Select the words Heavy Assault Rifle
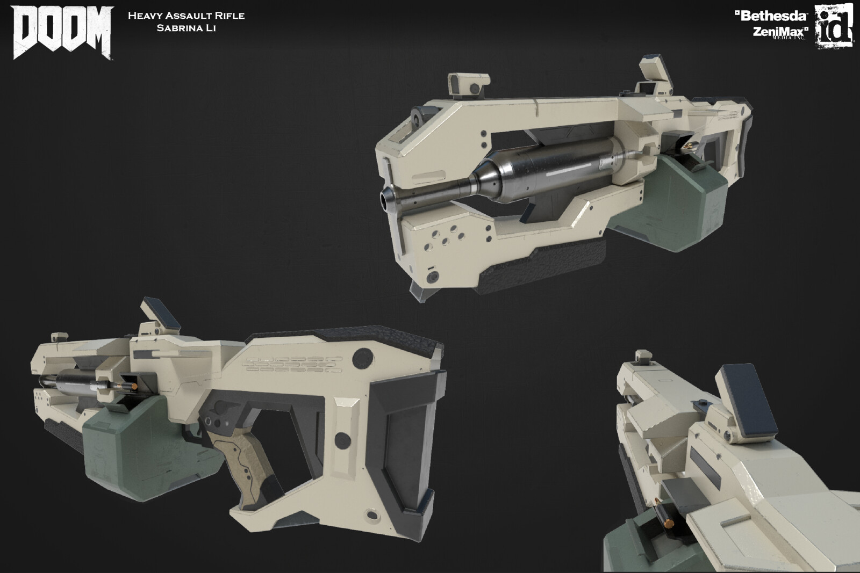186,16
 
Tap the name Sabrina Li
186,28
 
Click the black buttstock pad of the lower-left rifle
414,430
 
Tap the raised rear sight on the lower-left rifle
156,311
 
